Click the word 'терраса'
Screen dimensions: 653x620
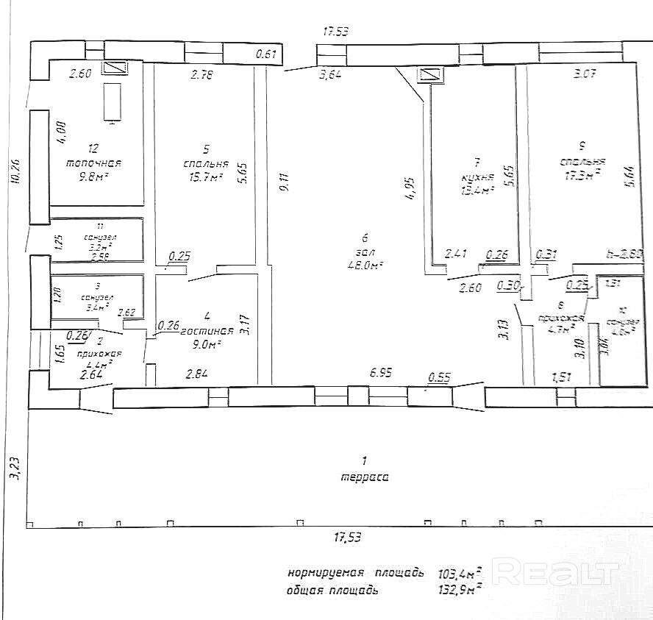pos(365,477)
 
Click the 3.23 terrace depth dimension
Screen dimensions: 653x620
pos(13,467)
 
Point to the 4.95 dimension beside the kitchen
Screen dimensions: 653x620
pos(410,187)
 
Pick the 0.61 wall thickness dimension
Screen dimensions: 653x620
pos(265,54)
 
